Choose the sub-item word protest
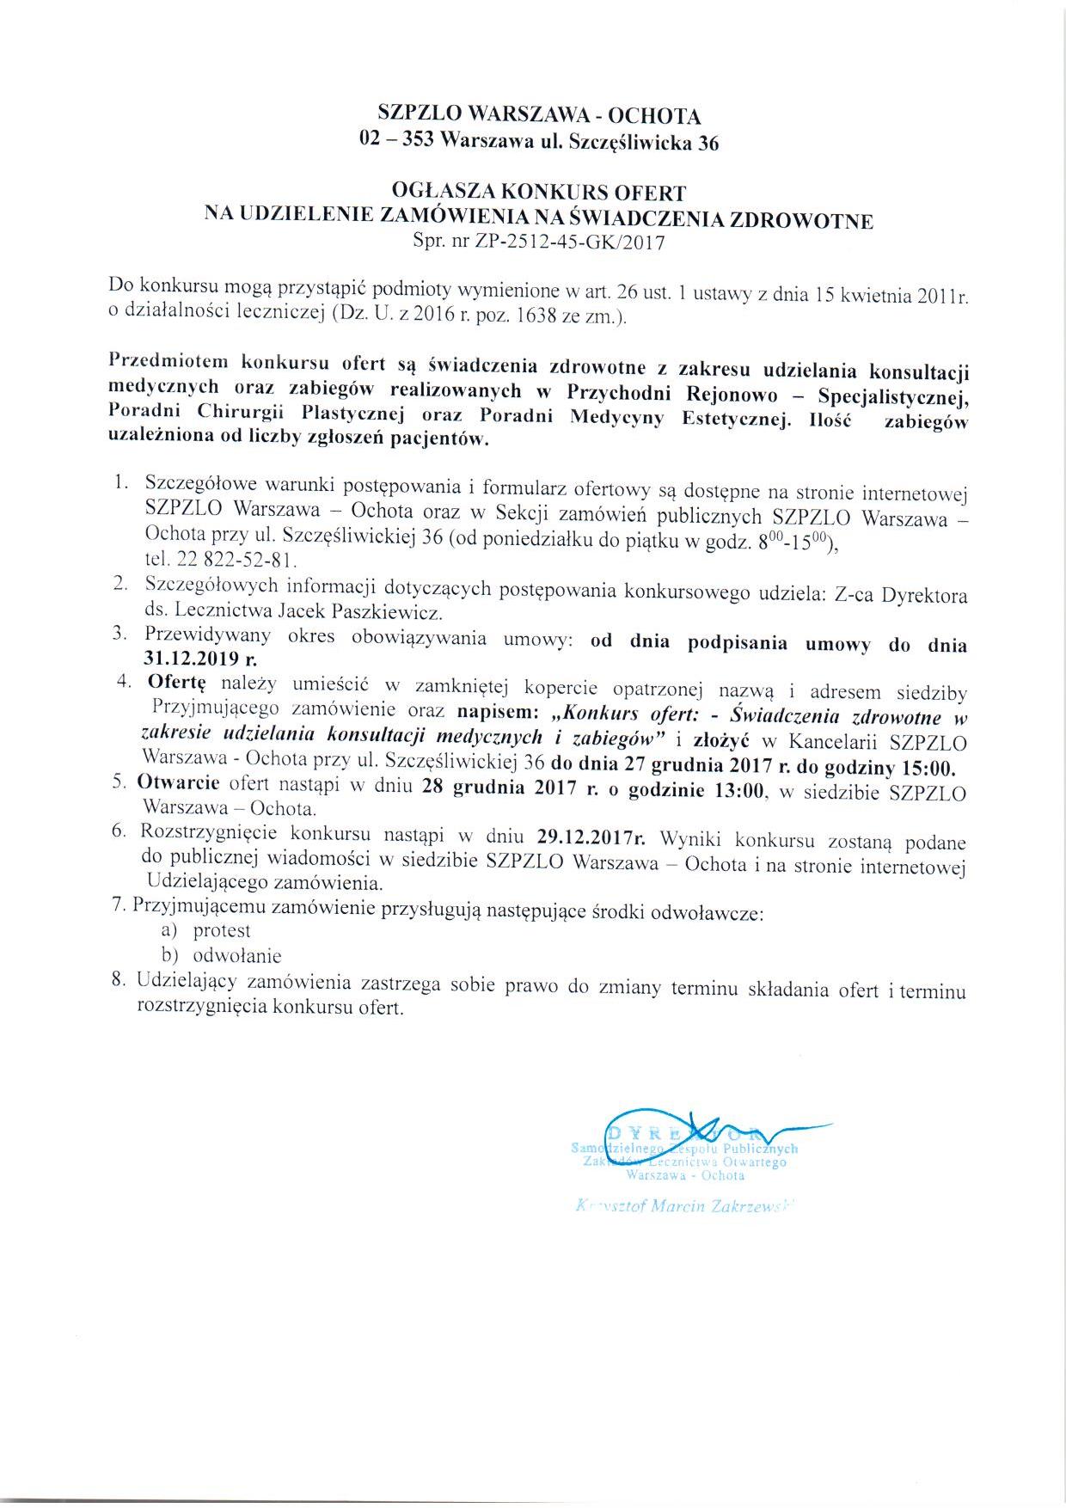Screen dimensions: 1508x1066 pyautogui.click(x=222, y=930)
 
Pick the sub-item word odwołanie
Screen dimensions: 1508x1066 pyautogui.click(x=237, y=955)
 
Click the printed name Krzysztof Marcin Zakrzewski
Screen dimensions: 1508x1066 pyautogui.click(x=683, y=1205)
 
